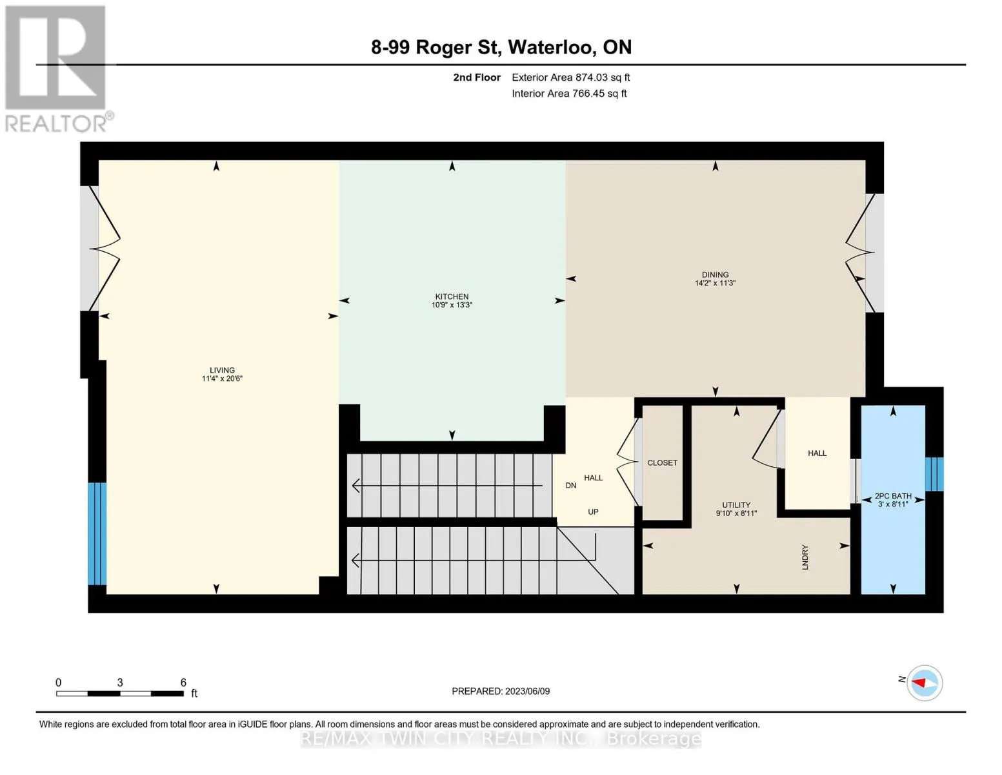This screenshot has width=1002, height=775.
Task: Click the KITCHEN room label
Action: [452, 296]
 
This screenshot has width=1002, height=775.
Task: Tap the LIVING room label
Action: [222, 370]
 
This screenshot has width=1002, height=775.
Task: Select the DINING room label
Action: [715, 274]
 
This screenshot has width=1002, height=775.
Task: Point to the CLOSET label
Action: [662, 463]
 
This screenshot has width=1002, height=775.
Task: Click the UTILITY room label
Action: [736, 505]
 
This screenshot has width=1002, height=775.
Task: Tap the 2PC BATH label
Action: [893, 496]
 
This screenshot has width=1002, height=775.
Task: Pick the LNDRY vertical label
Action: [805, 557]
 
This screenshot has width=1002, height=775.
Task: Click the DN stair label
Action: [571, 486]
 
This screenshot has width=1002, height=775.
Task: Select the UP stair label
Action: [593, 512]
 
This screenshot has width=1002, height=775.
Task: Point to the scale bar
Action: [120, 693]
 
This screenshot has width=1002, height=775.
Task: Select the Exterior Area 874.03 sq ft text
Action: [571, 77]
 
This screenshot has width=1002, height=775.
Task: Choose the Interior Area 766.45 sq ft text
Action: [570, 94]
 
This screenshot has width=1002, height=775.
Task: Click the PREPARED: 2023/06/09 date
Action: [501, 691]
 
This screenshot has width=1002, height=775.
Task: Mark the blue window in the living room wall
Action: [97, 533]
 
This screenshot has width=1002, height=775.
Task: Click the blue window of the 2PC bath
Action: [934, 474]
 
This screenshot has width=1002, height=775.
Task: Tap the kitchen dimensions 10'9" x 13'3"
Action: [452, 305]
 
